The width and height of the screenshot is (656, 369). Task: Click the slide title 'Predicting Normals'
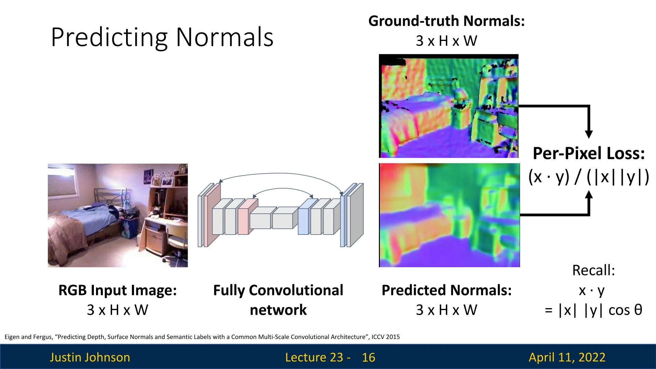click(x=162, y=38)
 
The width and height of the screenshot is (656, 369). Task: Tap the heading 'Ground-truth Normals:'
click(x=447, y=21)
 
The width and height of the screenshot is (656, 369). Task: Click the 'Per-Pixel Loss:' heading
click(x=589, y=153)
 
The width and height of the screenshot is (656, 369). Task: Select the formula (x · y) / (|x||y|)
click(x=589, y=177)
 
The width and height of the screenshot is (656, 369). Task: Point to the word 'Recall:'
click(x=593, y=270)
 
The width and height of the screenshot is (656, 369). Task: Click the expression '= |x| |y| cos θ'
click(x=593, y=310)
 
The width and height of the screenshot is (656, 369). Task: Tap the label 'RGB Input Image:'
click(x=118, y=290)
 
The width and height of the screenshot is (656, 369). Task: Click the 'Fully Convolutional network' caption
click(x=278, y=300)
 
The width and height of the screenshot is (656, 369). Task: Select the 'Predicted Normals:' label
click(x=447, y=290)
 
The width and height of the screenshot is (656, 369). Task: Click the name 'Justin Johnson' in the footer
click(x=90, y=357)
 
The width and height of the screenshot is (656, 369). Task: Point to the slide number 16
click(x=368, y=357)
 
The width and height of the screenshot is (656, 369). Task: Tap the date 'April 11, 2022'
click(x=567, y=357)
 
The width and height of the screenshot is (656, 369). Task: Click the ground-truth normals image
click(x=449, y=106)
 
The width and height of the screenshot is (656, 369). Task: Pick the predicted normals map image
click(x=449, y=215)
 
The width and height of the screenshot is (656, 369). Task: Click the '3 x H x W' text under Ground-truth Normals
click(x=447, y=41)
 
